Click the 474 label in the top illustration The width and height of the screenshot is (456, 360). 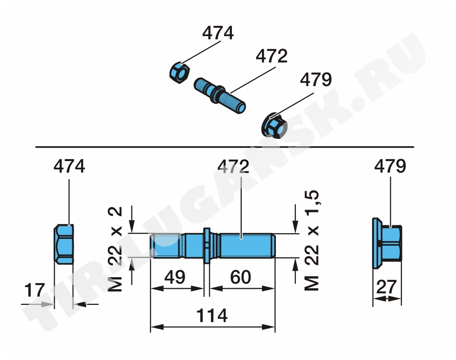pos(218,33)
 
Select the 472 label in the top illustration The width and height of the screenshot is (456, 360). pos(272,56)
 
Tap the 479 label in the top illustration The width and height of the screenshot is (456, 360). pos(316,80)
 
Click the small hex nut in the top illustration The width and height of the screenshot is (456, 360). pos(180,73)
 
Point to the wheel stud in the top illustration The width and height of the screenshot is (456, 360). pos(220,95)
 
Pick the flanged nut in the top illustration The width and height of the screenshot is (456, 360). pos(275,126)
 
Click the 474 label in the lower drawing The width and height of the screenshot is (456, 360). pos(69,166)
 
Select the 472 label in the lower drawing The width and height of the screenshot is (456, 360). pos(233,167)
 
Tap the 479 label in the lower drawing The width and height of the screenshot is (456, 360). pos(390,166)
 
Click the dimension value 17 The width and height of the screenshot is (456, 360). pos(35,290)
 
